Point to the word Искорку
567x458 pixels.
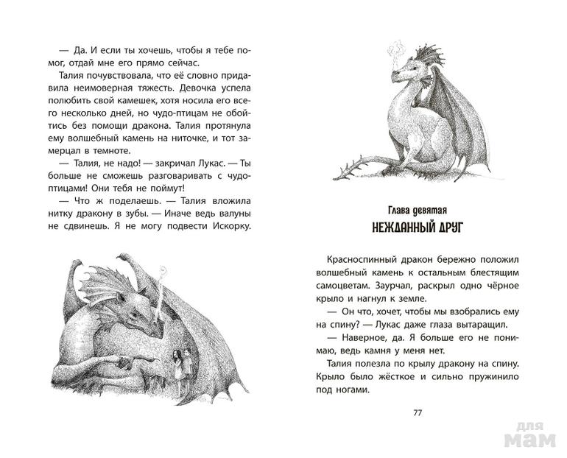[230, 225]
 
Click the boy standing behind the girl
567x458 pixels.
[189, 362]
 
